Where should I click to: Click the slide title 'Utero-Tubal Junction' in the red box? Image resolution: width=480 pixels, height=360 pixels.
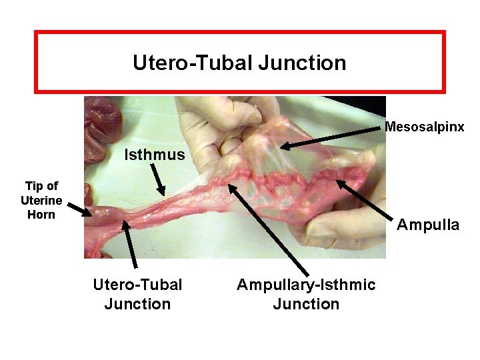click(x=239, y=63)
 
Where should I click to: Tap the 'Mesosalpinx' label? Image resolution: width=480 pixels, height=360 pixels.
click(x=425, y=127)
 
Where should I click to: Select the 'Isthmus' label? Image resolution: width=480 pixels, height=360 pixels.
click(x=155, y=155)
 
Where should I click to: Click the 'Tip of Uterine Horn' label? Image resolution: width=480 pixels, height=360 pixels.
click(x=41, y=200)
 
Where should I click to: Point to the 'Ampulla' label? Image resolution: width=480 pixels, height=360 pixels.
click(x=428, y=225)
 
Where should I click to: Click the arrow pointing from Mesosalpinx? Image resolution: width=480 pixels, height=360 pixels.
click(x=333, y=136)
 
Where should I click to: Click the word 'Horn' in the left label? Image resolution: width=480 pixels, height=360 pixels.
click(x=41, y=215)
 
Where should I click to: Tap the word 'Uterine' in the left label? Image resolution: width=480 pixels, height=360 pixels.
click(x=41, y=200)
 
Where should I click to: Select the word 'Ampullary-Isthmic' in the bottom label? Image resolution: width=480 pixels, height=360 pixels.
click(x=306, y=285)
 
